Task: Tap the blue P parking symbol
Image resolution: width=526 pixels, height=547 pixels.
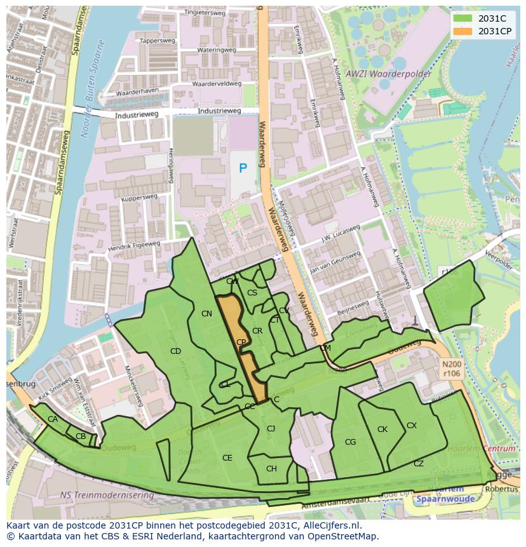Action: pyautogui.click(x=243, y=168)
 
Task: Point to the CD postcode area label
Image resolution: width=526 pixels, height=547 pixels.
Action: pyautogui.click(x=176, y=351)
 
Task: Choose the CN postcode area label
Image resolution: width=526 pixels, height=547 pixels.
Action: pyautogui.click(x=206, y=314)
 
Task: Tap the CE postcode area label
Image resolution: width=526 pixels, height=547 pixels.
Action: pyautogui.click(x=227, y=458)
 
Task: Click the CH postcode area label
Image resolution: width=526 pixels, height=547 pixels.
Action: pyautogui.click(x=271, y=469)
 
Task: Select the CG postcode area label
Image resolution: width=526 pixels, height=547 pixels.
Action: pyautogui.click(x=350, y=442)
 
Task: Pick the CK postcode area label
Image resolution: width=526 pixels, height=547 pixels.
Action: pyautogui.click(x=382, y=429)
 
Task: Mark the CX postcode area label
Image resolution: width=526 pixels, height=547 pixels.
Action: pyautogui.click(x=412, y=426)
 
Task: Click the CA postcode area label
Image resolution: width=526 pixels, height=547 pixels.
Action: pyautogui.click(x=53, y=419)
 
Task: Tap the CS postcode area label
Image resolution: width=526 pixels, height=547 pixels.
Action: pyautogui.click(x=252, y=293)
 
